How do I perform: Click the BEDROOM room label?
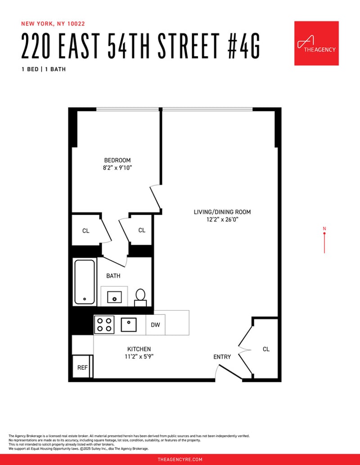coord(117,160)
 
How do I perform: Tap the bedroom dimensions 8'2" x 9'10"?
coord(117,168)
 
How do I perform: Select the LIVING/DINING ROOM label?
coord(222,212)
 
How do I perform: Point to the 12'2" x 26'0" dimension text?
coord(223,220)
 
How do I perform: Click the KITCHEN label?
coord(139,349)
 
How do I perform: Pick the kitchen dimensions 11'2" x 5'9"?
coord(139,357)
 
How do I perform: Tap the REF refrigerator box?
coord(82,367)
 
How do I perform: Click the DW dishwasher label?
coord(155,325)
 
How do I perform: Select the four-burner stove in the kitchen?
coord(104,325)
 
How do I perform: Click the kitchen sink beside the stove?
coord(129,325)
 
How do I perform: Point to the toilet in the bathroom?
coord(140,297)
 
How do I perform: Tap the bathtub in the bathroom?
coord(85,282)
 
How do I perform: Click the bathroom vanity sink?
coord(114,297)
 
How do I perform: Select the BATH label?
coord(113,276)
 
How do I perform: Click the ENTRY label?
coord(222,357)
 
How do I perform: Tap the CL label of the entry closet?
coord(266,349)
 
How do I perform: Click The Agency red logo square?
coord(316,43)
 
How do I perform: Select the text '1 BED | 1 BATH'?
coord(44,69)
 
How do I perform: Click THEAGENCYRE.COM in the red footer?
coord(180,459)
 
